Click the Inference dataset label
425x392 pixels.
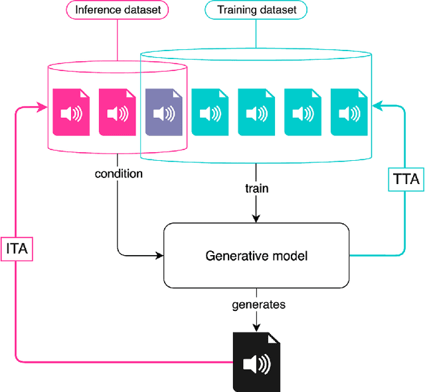click(x=118, y=11)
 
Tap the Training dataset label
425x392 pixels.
click(x=256, y=11)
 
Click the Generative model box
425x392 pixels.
click(x=256, y=255)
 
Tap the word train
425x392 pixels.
click(x=256, y=188)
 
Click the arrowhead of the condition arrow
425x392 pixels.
click(x=159, y=254)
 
